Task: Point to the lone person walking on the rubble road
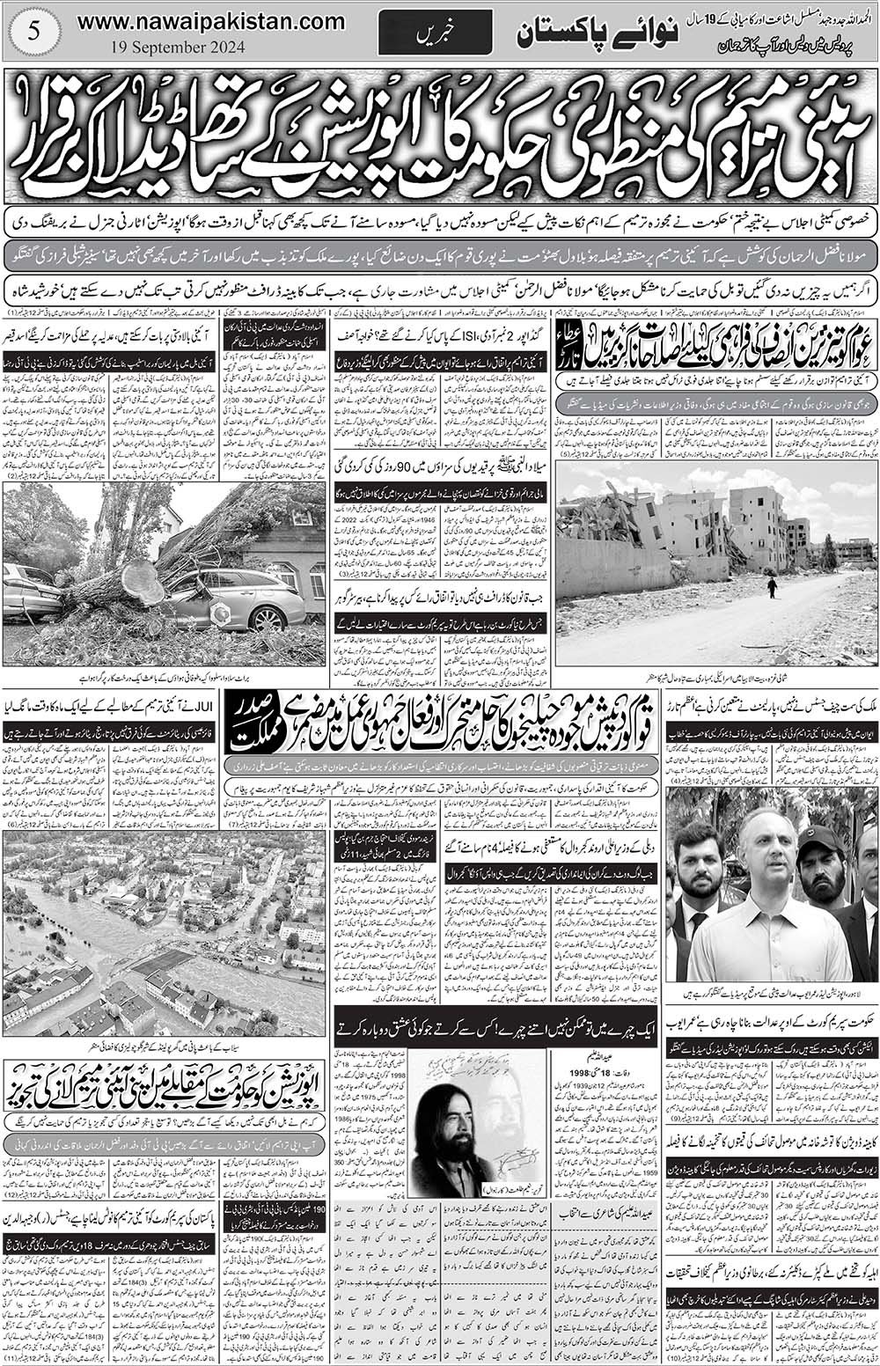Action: [x=772, y=587]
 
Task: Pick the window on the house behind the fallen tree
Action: [x=314, y=579]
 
